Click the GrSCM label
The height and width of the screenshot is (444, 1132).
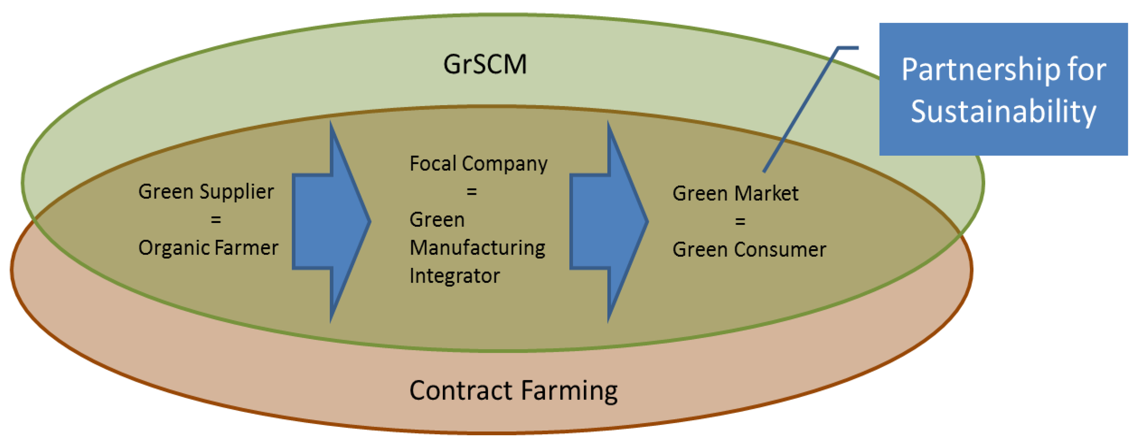(485, 64)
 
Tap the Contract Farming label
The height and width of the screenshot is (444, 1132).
(513, 391)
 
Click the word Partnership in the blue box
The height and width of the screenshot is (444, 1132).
(975, 70)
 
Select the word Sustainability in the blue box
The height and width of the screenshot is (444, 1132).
(1003, 112)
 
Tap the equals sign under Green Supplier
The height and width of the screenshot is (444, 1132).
(215, 219)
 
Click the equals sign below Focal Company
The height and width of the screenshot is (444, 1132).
(472, 191)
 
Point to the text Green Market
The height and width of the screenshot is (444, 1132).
(735, 194)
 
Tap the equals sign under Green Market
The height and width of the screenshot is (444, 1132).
(740, 221)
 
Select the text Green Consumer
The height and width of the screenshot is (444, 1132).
(749, 250)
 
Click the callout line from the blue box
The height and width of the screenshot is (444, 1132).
(800, 110)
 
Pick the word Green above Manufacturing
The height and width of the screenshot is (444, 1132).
(437, 219)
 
